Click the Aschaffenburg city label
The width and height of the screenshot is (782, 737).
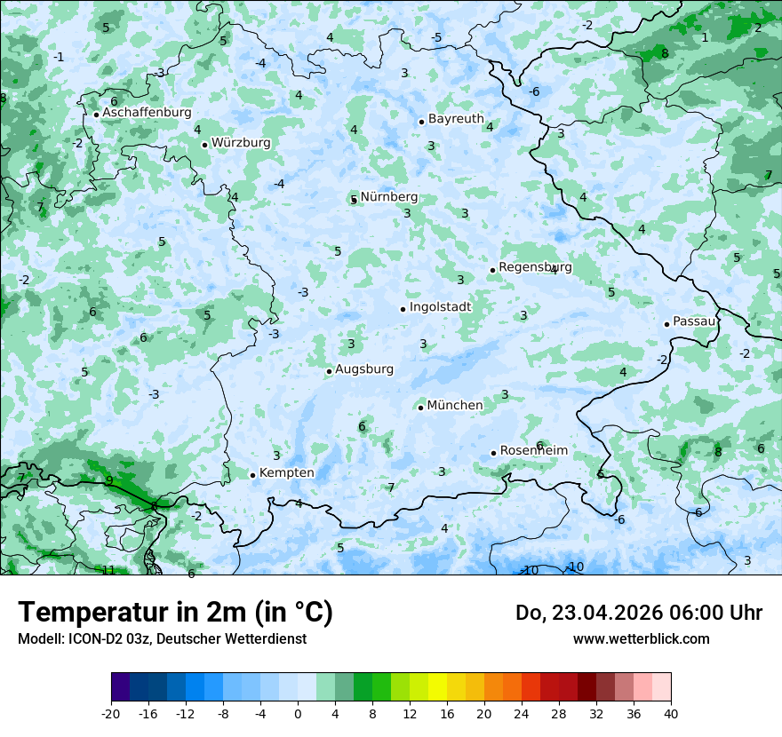[x=147, y=113]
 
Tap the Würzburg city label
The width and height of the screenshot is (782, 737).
[x=241, y=143]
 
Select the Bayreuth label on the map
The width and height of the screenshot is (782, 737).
[x=456, y=119]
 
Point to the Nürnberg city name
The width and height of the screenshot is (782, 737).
[x=388, y=197]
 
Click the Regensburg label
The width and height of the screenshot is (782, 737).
[x=535, y=267]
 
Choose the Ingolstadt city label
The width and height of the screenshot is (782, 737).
[x=440, y=307]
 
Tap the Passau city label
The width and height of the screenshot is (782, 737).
[x=694, y=321]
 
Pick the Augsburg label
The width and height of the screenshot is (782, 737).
[x=364, y=369]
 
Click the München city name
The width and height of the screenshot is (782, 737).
[x=455, y=406]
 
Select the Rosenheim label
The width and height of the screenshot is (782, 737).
[x=533, y=451]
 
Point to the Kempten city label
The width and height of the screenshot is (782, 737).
[x=286, y=473]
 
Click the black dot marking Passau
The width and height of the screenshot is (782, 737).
[x=666, y=324]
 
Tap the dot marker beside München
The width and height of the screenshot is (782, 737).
[x=420, y=408]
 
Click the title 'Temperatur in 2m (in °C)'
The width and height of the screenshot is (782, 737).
[x=175, y=613]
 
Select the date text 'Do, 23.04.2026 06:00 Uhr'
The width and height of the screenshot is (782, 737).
[x=638, y=613]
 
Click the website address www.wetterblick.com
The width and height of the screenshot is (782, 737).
[x=641, y=639]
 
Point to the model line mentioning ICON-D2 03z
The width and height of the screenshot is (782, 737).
[x=162, y=639]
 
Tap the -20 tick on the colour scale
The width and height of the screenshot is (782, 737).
[x=111, y=713]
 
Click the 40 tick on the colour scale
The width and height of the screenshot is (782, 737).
[x=670, y=713]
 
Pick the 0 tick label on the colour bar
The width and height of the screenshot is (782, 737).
[x=298, y=713]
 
